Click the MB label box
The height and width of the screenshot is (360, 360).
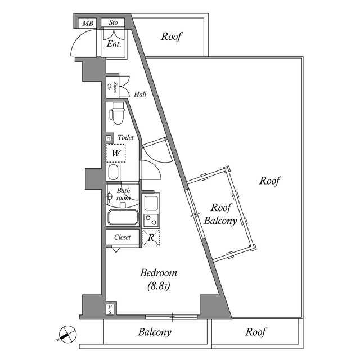[88, 23]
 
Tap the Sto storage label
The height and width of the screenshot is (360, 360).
[113, 23]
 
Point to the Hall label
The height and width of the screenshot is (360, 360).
[140, 94]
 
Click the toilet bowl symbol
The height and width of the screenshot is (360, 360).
[117, 114]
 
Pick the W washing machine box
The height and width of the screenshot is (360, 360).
[116, 152]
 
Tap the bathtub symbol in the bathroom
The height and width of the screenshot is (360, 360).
[123, 217]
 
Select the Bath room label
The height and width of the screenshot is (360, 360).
[123, 194]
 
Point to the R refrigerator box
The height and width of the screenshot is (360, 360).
[151, 237]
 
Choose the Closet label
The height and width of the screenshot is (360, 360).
[122, 237]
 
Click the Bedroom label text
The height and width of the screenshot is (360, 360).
[159, 273]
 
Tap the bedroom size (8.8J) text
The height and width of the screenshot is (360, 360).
[159, 286]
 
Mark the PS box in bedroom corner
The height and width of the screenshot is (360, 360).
[110, 309]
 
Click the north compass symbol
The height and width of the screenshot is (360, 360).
[66, 334]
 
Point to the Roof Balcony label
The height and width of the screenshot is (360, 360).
[219, 213]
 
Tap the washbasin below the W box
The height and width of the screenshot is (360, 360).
[113, 172]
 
